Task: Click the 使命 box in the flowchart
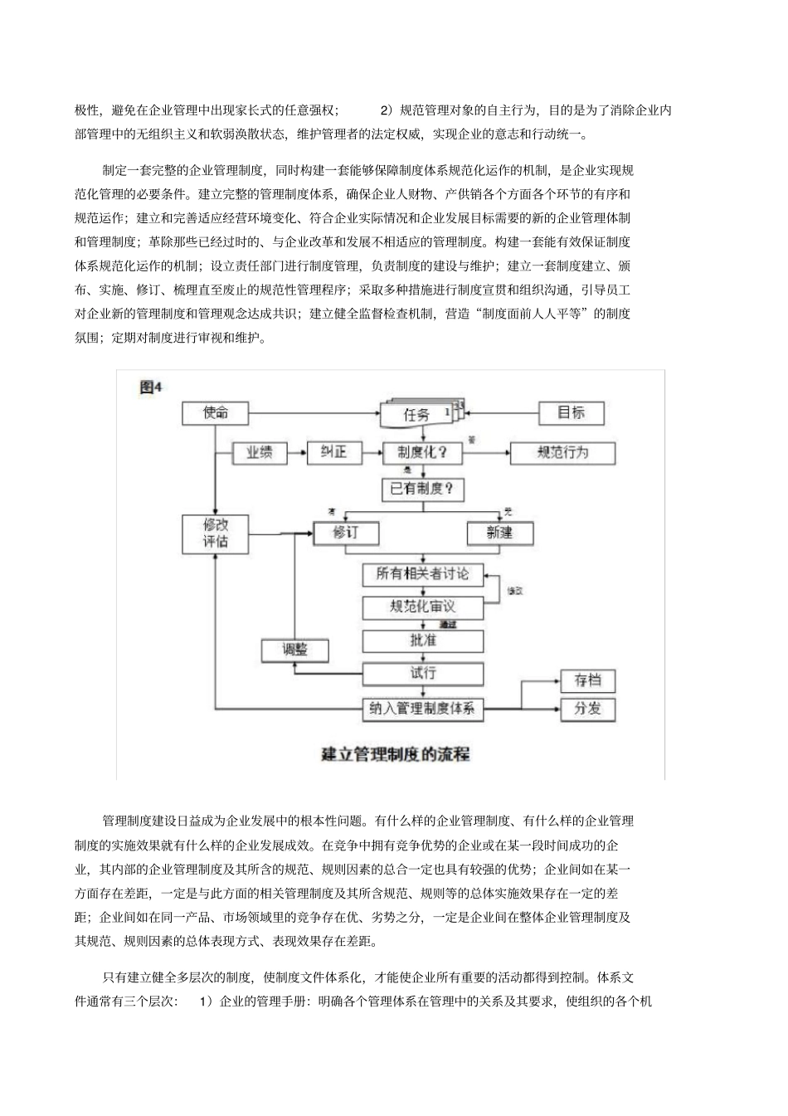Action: (x=216, y=412)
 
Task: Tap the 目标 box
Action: (x=571, y=412)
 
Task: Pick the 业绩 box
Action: (x=259, y=453)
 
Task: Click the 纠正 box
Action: (x=334, y=453)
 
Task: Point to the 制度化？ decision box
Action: (x=422, y=453)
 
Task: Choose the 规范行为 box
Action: (x=562, y=453)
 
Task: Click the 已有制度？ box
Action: (x=422, y=489)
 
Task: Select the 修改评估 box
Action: (x=216, y=534)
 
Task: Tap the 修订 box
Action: (x=345, y=533)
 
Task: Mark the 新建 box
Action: (x=499, y=533)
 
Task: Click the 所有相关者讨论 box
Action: (x=422, y=573)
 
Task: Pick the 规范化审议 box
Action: (x=422, y=607)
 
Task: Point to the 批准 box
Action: (x=422, y=641)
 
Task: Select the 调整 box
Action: (x=294, y=650)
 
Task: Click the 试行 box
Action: (x=422, y=673)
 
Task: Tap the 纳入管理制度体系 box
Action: (x=423, y=709)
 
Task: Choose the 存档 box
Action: (x=588, y=681)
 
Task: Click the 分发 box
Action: (x=588, y=709)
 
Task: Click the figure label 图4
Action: (x=151, y=387)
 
